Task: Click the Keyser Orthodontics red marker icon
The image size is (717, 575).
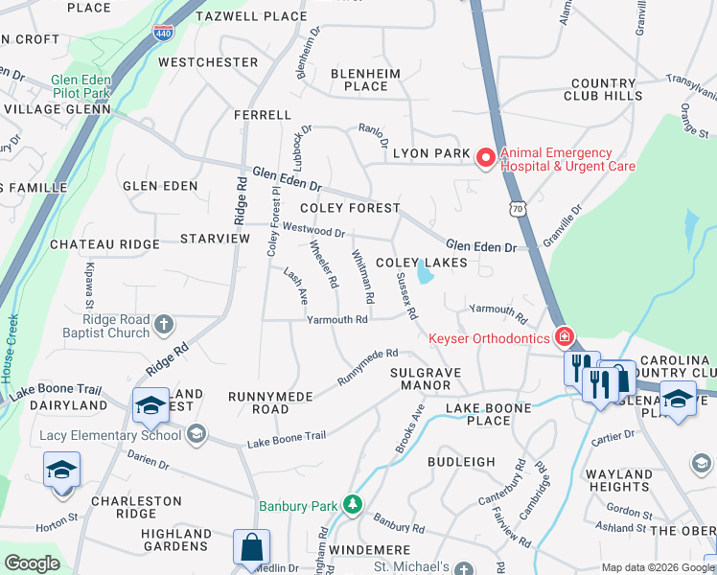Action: point(565,337)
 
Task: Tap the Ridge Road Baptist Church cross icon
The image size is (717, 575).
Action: point(164,324)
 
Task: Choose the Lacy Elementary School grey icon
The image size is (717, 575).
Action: point(197,435)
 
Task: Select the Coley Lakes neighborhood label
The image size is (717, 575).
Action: point(421,263)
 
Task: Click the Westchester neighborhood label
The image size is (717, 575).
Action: point(208,62)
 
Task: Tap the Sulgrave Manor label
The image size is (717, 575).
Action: point(420,379)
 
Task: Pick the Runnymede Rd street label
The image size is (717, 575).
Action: point(367,368)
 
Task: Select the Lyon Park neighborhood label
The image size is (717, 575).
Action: point(431,153)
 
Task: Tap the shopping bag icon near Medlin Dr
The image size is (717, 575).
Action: point(251,547)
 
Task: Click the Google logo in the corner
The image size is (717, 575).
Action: point(32,563)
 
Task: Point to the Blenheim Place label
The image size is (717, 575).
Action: point(359,80)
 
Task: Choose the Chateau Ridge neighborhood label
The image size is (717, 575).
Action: point(104,244)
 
